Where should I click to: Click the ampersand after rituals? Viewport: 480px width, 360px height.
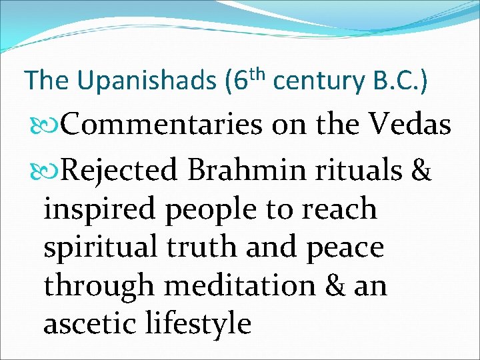click(422, 171)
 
